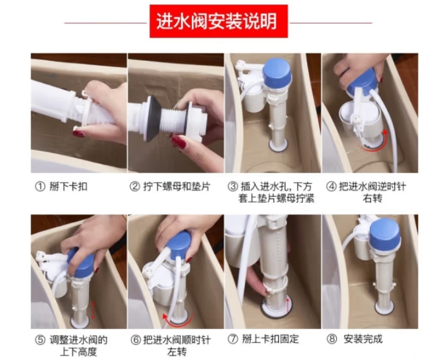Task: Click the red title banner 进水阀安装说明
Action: (218, 21)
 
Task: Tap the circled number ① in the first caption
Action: (40, 187)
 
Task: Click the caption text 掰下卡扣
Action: (68, 187)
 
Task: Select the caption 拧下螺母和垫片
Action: (177, 187)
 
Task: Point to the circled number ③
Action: (233, 187)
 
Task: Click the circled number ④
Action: (331, 187)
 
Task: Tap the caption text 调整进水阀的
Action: (79, 340)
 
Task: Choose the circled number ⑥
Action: (136, 340)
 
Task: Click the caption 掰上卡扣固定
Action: (270, 339)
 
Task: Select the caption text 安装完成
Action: (363, 339)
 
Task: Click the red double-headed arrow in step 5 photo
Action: (93, 310)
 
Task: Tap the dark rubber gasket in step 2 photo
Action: (150, 118)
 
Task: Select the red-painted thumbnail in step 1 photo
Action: (79, 134)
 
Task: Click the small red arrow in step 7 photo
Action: (288, 305)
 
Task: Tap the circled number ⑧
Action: (332, 339)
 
